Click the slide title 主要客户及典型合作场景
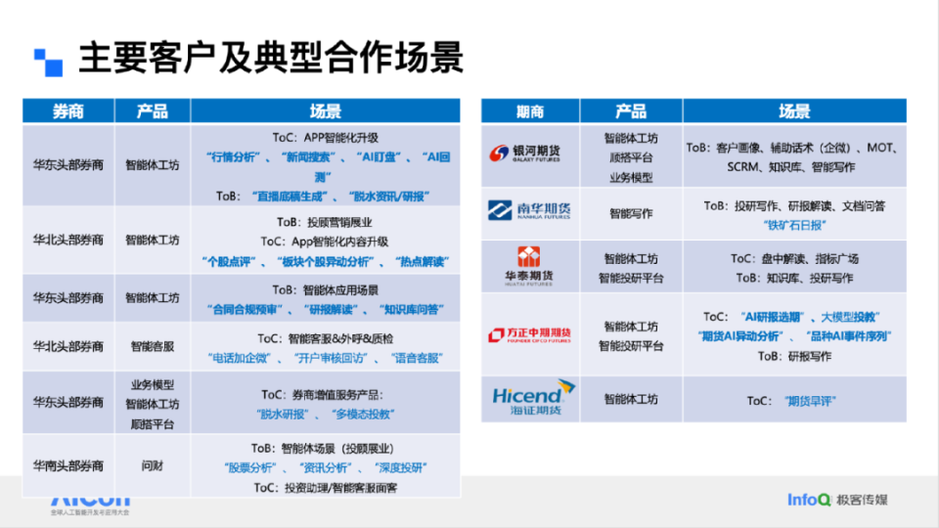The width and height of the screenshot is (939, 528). click(x=271, y=58)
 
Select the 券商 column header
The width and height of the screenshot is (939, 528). click(x=67, y=110)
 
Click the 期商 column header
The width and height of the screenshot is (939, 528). click(x=529, y=110)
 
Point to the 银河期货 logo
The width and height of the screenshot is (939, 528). click(x=529, y=152)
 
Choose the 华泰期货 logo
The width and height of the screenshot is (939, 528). click(x=529, y=266)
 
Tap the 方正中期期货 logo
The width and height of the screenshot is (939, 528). click(x=529, y=334)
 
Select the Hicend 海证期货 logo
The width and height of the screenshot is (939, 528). click(x=529, y=397)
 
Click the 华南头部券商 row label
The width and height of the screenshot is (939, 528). click(x=67, y=466)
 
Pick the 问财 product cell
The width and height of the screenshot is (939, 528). click(x=152, y=466)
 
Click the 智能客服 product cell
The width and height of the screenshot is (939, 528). click(x=152, y=345)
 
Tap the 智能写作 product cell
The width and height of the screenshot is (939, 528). click(x=631, y=212)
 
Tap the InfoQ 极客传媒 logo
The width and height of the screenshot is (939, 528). click(x=838, y=500)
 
